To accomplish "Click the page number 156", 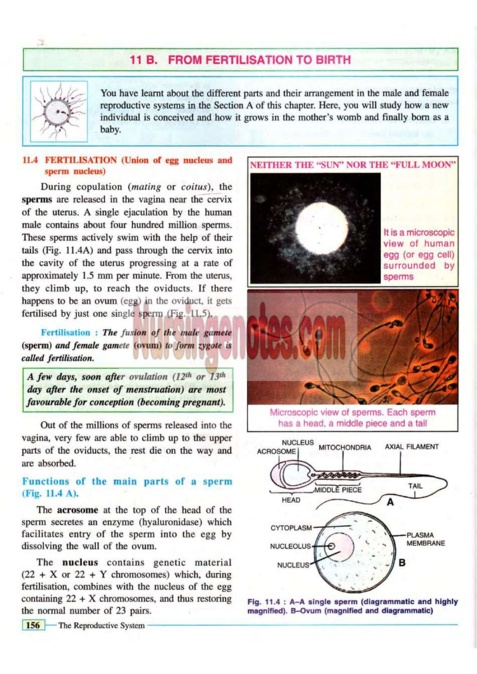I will tap(33, 625).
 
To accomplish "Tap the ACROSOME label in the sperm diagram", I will tap(276, 452).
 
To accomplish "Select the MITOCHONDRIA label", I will tap(345, 448).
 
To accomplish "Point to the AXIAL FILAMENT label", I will tap(411, 447).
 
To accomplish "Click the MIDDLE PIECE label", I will tap(338, 490).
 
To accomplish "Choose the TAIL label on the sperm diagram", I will tap(415, 486).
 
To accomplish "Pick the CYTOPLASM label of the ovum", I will tap(291, 528).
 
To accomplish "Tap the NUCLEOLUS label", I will tap(290, 546).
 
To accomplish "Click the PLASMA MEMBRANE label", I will tap(425, 539).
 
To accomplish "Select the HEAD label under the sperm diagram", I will tap(291, 500).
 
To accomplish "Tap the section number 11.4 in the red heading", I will tap(30, 160).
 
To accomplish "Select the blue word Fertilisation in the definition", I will tap(65, 332).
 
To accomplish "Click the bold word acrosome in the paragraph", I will tap(77, 510).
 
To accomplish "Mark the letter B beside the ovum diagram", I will tap(402, 563).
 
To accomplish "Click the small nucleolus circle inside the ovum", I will tap(331, 546).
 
